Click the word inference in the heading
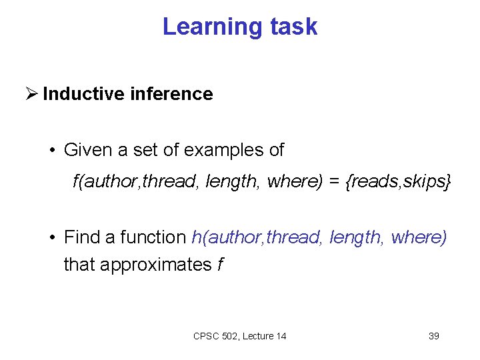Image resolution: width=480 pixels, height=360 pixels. (171, 94)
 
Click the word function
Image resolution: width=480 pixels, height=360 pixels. (153, 237)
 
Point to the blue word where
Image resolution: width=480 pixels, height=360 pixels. (418, 237)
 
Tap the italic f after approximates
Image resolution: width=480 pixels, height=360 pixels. (220, 265)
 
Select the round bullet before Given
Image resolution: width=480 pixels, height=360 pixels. (51, 151)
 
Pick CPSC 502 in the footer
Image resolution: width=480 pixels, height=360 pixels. (217, 336)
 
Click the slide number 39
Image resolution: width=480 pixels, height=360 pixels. (433, 336)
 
